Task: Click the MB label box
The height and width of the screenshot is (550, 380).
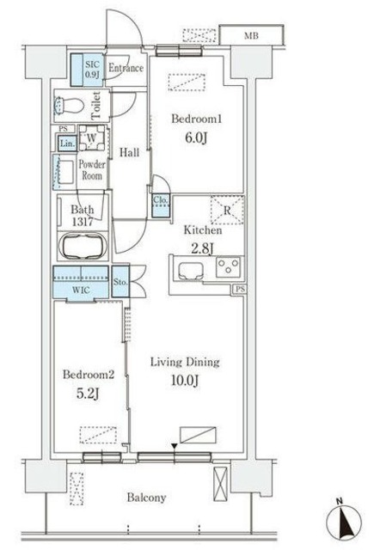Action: (x=251, y=35)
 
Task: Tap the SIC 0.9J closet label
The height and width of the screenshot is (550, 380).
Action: (x=93, y=70)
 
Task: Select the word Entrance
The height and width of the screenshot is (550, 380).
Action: (x=126, y=68)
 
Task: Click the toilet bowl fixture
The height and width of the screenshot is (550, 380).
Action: (x=69, y=105)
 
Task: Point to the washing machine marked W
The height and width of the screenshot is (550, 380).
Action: (x=92, y=137)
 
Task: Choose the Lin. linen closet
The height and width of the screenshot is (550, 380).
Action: (x=67, y=144)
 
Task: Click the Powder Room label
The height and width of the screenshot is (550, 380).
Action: (x=92, y=170)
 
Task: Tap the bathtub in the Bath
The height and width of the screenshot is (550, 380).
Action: (x=83, y=246)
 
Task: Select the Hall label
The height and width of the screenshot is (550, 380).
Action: (x=130, y=152)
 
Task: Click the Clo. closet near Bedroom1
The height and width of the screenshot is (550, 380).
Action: (x=161, y=205)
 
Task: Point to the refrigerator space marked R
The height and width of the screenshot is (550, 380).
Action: (x=227, y=210)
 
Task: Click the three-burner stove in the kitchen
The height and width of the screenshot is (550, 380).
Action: (x=229, y=267)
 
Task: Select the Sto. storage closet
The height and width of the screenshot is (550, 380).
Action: (x=120, y=282)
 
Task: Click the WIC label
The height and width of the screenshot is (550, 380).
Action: (x=81, y=290)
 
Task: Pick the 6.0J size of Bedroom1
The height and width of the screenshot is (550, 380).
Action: (x=196, y=137)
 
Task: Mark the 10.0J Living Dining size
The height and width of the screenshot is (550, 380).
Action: (x=185, y=380)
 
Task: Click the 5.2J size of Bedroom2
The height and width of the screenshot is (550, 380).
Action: (x=88, y=394)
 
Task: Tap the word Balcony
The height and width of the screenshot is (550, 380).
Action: (x=146, y=498)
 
